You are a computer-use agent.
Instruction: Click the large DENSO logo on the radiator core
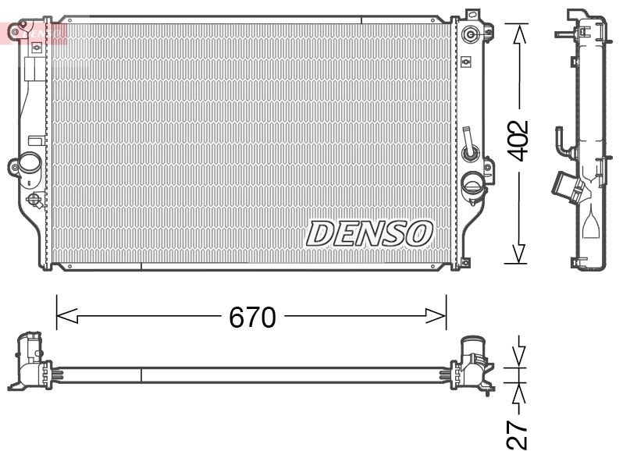pyautogui.click(x=368, y=232)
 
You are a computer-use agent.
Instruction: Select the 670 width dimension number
pyautogui.click(x=252, y=317)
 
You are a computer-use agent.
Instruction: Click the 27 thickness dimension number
pyautogui.click(x=518, y=434)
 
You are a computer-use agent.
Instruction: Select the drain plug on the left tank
pyautogui.click(x=34, y=200)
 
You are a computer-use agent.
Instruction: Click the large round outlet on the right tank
pyautogui.click(x=473, y=185)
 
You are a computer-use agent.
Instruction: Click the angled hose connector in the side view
pyautogui.click(x=567, y=188)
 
